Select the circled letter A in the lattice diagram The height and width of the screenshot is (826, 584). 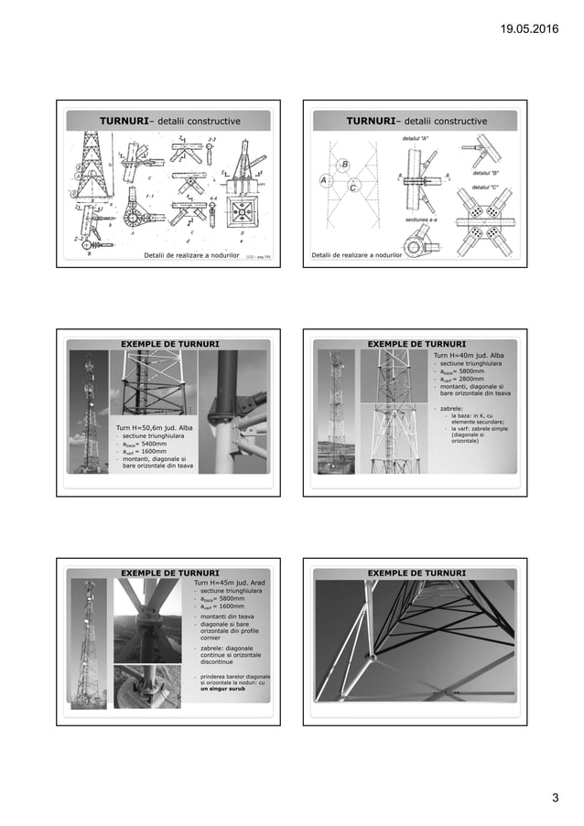click(x=323, y=181)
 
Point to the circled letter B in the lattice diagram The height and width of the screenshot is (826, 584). click(x=344, y=164)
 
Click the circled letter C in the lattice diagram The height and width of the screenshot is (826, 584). click(x=353, y=188)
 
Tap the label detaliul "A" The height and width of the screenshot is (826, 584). click(x=416, y=138)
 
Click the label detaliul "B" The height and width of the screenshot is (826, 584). click(x=485, y=172)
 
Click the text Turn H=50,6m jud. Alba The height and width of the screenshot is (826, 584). click(x=154, y=427)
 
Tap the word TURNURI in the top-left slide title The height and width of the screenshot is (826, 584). click(x=127, y=121)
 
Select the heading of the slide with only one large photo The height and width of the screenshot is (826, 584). click(x=416, y=573)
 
